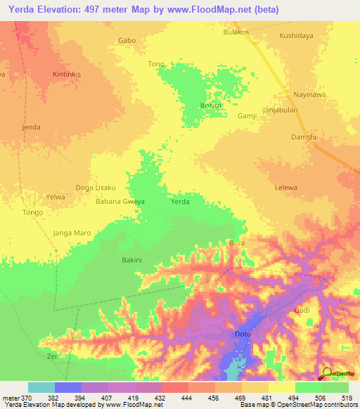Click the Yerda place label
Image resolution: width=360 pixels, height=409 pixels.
tap(180, 202)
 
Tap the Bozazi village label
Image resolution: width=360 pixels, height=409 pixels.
tap(212, 105)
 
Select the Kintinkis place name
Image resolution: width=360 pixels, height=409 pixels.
tap(68, 74)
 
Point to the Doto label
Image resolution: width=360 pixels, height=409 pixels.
tap(243, 334)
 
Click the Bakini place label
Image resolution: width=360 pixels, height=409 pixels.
tap(132, 260)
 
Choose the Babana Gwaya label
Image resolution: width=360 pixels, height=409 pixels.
tap(120, 202)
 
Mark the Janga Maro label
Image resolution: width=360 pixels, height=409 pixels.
tap(72, 233)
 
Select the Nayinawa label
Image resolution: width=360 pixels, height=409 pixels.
tap(310, 93)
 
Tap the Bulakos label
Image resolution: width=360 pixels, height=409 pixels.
tap(236, 32)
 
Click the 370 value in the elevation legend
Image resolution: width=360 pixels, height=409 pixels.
tap(21, 398)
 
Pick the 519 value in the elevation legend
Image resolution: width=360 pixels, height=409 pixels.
tap(346, 398)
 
